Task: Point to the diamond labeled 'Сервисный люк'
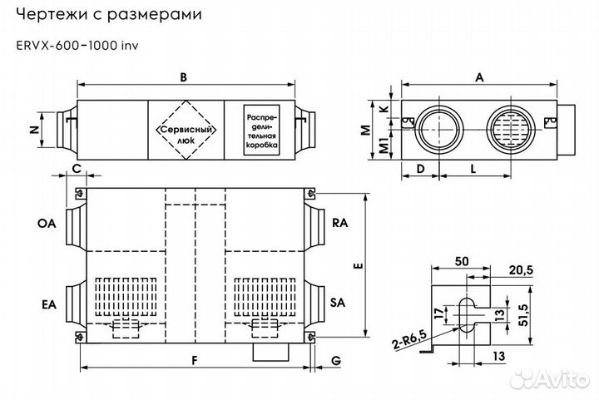186,130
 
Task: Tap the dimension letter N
33,130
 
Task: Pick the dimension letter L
473,168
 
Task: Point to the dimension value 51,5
522,317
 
